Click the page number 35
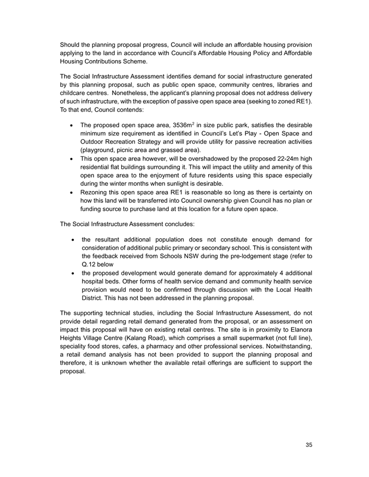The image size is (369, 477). [x=309, y=445]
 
